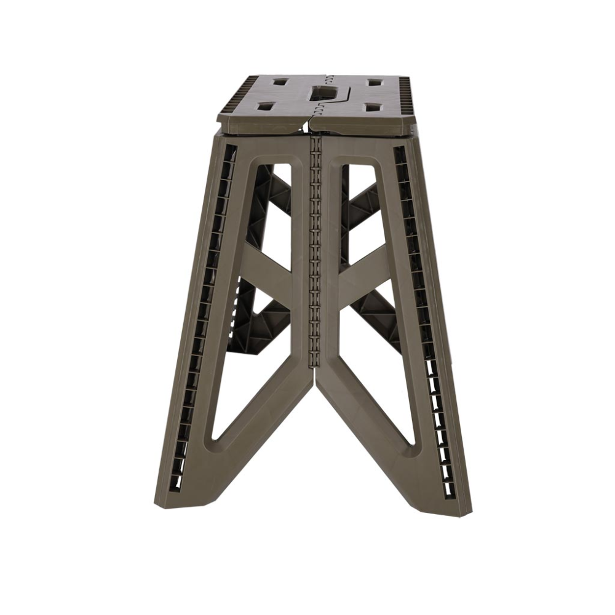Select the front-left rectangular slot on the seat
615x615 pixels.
266,108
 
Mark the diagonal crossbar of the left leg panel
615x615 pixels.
271,277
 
